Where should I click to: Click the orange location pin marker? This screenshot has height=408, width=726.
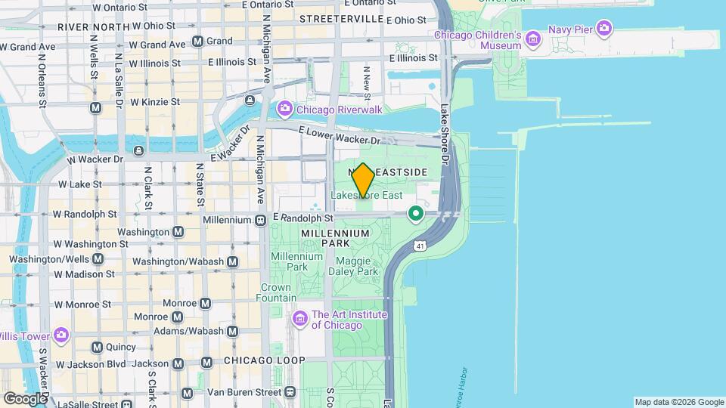coord(363,180)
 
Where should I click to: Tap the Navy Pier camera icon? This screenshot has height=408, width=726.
coord(603,29)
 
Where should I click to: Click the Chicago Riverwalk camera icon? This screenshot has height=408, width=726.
coord(284,110)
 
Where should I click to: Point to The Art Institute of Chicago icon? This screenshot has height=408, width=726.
coord(300,319)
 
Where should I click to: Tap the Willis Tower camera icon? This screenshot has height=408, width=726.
coord(61,335)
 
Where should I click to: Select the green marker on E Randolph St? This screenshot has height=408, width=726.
coord(415,215)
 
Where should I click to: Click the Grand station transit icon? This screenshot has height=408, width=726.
coord(197,41)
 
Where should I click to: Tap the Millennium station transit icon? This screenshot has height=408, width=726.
coord(260,220)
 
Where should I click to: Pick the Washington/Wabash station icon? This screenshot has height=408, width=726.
coord(233,261)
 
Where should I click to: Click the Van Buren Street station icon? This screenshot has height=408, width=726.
coord(290,392)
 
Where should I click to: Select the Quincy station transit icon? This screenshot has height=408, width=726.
coord(97,348)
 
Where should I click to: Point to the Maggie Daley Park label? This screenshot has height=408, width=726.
coord(352,266)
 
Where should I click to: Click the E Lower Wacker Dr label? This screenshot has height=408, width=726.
coord(340,137)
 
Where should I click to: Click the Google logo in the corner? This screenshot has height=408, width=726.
coord(24,398)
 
